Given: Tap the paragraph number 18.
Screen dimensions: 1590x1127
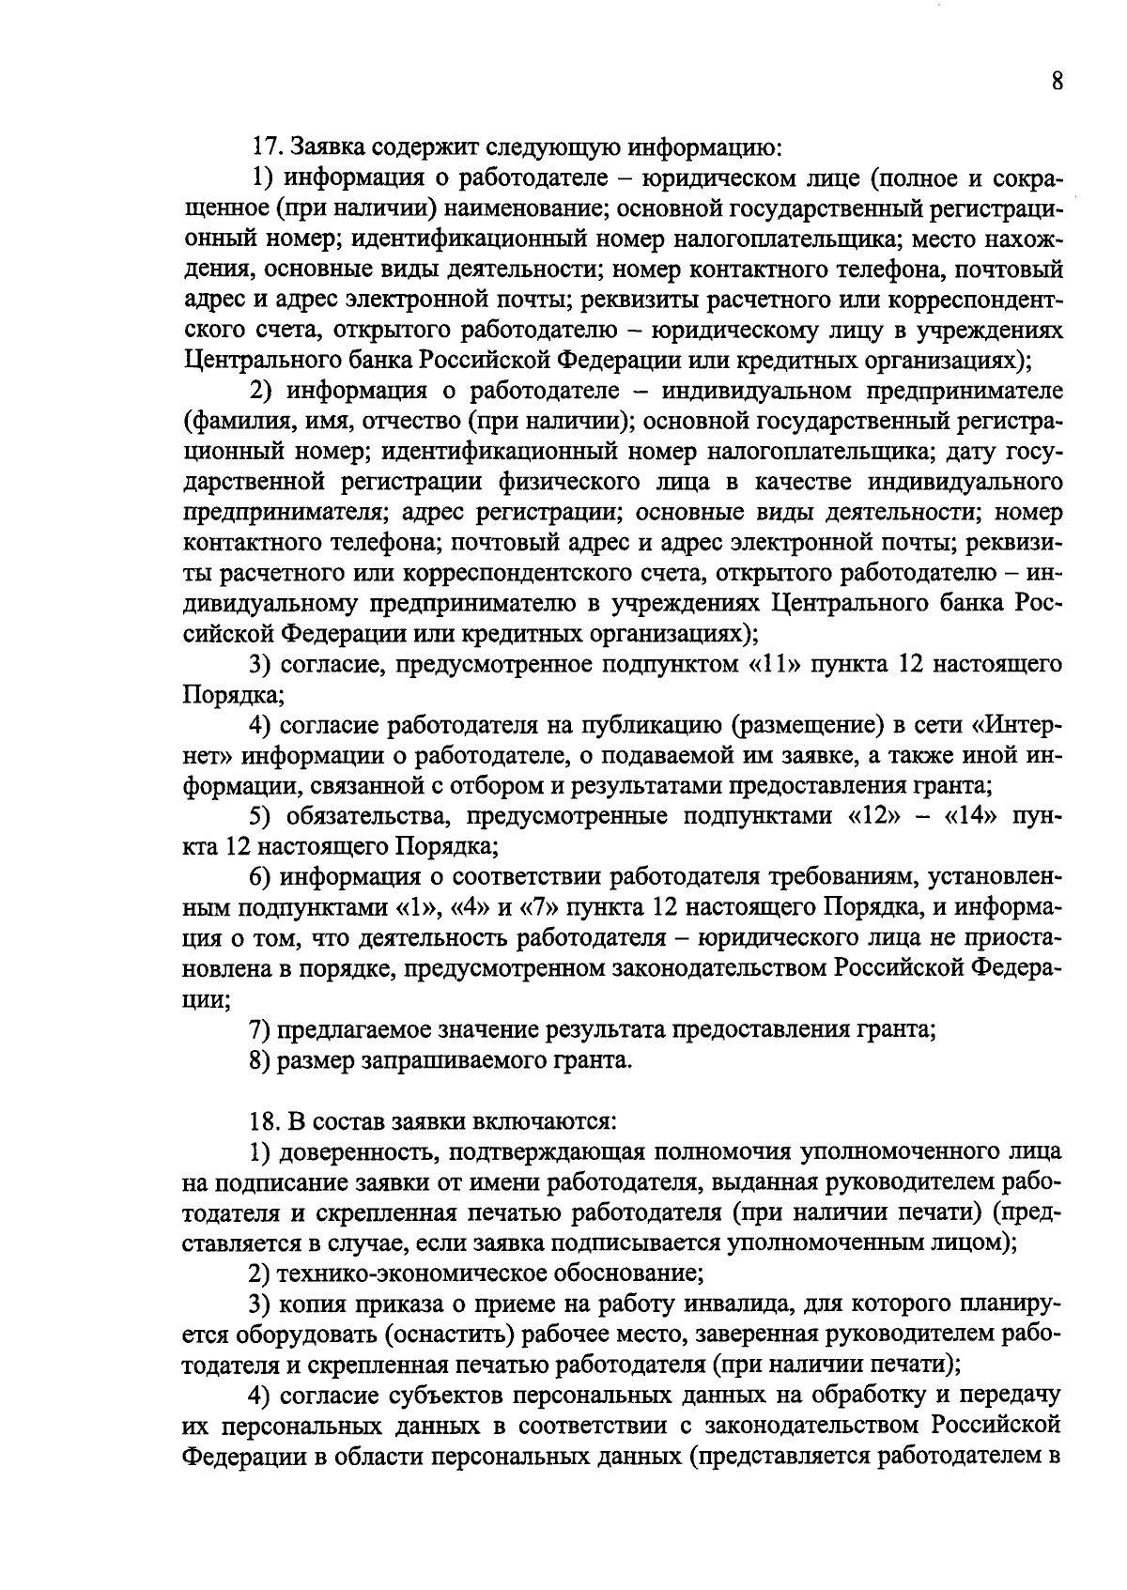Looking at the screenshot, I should [x=267, y=1122].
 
